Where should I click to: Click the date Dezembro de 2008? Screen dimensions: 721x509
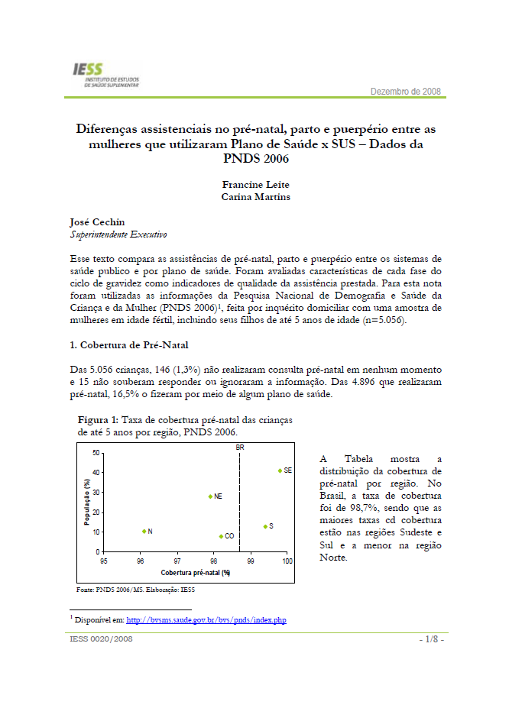click(x=406, y=92)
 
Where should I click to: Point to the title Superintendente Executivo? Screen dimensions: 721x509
click(x=118, y=234)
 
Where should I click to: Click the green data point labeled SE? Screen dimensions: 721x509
click(x=280, y=470)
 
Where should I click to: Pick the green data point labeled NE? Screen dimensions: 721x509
click(x=210, y=496)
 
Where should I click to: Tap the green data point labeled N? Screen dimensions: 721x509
click(x=144, y=531)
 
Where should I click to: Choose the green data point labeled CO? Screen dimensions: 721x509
click(x=221, y=536)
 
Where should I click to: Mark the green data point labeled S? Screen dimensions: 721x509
click(x=265, y=526)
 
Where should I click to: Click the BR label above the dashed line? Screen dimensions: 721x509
click(x=240, y=446)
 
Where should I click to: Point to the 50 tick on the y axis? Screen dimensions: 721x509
click(x=96, y=453)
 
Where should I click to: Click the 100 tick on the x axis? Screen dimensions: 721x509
click(x=287, y=561)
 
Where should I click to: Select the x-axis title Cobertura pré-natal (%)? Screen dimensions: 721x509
click(x=196, y=572)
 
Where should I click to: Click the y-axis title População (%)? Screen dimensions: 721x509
click(x=88, y=502)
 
